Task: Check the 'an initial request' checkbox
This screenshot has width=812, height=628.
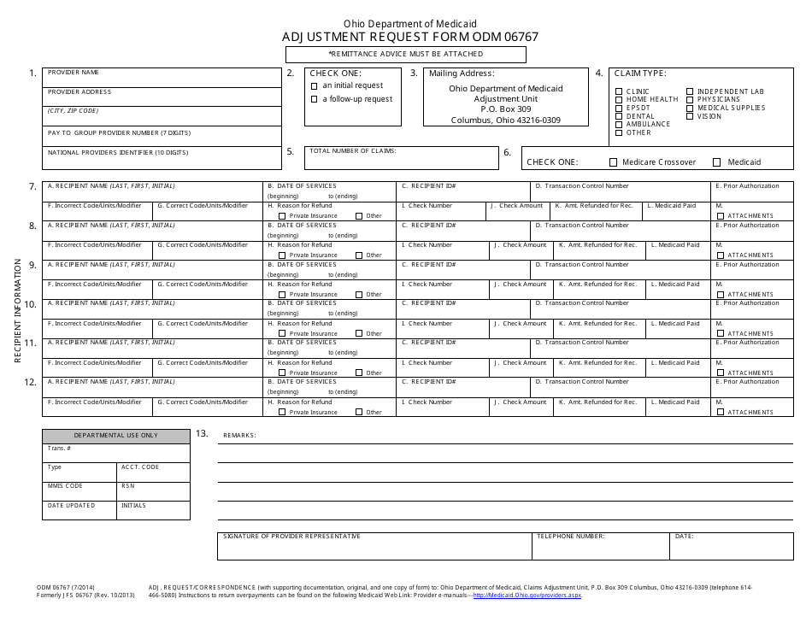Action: (x=315, y=85)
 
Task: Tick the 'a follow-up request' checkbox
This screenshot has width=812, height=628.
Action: (x=315, y=99)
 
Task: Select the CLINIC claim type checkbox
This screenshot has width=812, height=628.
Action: (x=619, y=91)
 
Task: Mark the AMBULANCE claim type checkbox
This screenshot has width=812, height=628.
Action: (x=619, y=125)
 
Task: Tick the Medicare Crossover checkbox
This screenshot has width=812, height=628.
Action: (x=613, y=162)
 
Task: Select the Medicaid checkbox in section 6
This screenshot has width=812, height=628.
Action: (x=716, y=162)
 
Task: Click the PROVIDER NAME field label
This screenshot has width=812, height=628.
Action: (x=74, y=73)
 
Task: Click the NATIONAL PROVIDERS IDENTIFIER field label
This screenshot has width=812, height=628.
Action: (x=118, y=152)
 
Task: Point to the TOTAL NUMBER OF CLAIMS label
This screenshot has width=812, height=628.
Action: (x=353, y=150)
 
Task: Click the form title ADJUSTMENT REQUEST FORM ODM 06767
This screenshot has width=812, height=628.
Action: (x=410, y=38)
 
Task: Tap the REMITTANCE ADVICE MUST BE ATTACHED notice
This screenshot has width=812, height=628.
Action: (x=406, y=54)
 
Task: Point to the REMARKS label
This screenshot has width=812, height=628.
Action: (x=239, y=436)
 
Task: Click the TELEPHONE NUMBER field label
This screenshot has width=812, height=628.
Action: (x=571, y=537)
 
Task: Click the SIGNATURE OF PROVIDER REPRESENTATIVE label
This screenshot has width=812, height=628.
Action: (x=291, y=537)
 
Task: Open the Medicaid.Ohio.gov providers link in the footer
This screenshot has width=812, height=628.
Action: (x=527, y=596)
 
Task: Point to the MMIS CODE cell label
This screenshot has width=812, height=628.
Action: (x=66, y=486)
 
